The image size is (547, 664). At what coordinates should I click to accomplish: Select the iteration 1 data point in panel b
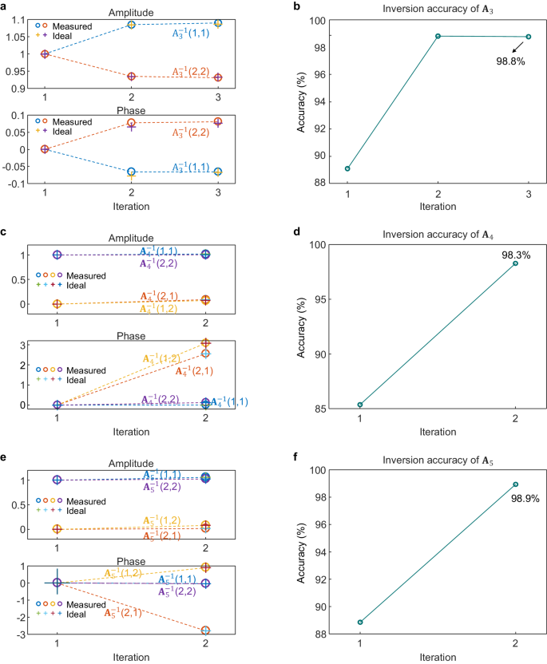pyautogui.click(x=347, y=168)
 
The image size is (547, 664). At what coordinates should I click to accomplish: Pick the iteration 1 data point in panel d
pyautogui.click(x=360, y=405)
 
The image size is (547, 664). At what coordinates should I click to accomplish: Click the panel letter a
pyautogui.click(x=5, y=7)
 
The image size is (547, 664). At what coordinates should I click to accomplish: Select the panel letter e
pyautogui.click(x=5, y=459)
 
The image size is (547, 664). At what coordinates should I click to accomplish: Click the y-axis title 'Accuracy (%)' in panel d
pyautogui.click(x=303, y=326)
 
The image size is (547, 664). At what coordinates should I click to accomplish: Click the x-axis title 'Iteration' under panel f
pyautogui.click(x=438, y=657)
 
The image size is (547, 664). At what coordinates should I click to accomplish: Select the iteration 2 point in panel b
pyautogui.click(x=438, y=36)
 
